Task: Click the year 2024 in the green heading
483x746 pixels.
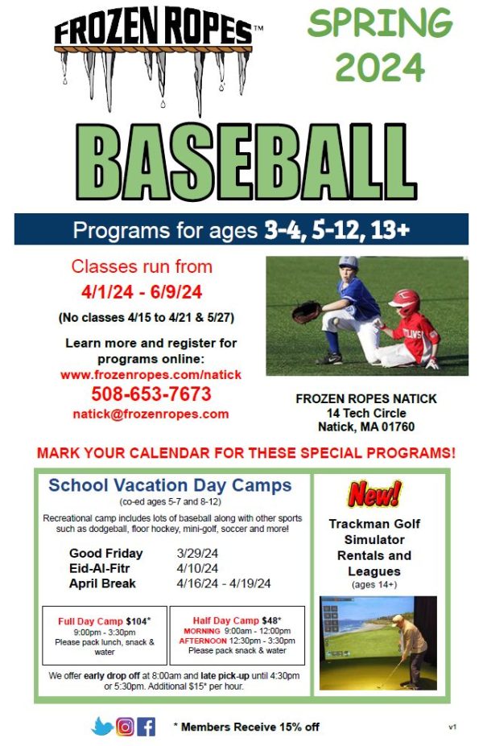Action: point(379,68)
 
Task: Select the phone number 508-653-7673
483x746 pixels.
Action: point(151,394)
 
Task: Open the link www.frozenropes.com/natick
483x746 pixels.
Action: point(151,375)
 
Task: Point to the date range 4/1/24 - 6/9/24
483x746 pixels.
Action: point(142,292)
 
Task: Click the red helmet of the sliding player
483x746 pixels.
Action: point(405,302)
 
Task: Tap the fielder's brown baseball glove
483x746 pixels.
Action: point(307,311)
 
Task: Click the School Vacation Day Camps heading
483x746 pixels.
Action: point(170,485)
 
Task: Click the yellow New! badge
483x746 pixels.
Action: point(374,493)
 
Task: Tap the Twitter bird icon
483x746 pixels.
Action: point(102,726)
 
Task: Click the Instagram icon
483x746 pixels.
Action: point(125,726)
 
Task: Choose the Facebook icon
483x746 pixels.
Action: point(147,726)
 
